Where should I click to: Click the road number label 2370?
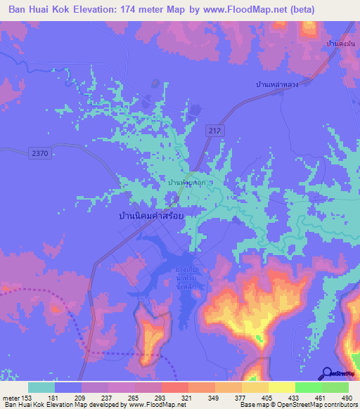pyautogui.click(x=41, y=152)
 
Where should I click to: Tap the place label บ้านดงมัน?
pyautogui.click(x=340, y=44)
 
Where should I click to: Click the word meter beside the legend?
pyautogui.click(x=10, y=397)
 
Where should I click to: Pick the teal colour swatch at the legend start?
pyautogui.click(x=41, y=387)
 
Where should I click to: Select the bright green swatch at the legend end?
pyautogui.click(x=335, y=387)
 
